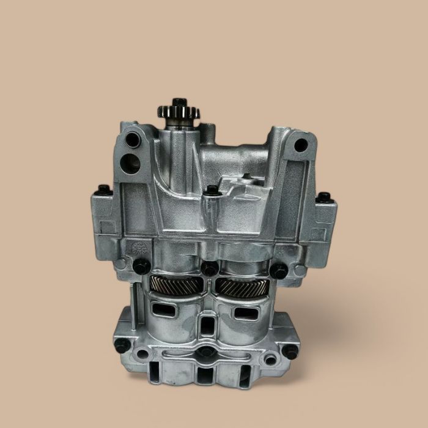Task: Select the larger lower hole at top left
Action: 133,163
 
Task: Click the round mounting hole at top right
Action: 300,146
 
